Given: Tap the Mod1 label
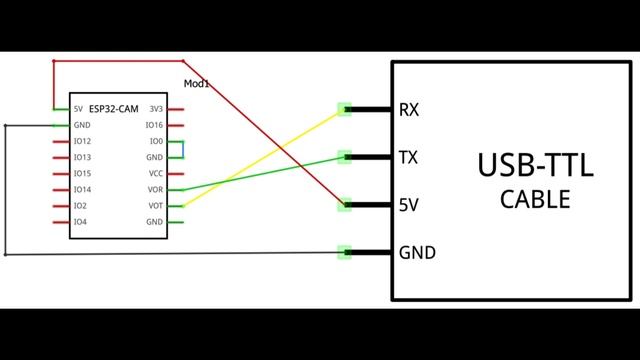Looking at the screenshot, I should (x=196, y=84).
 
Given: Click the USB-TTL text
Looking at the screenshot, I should (x=535, y=165).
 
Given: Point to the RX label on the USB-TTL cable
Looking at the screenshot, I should (x=409, y=109).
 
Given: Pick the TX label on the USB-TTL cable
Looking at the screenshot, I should (x=409, y=157).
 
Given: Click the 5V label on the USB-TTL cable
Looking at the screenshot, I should (x=408, y=205).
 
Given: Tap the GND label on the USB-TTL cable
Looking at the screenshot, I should (x=417, y=252).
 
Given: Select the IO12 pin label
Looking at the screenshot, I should (x=83, y=141).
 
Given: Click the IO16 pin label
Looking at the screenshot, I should (x=154, y=125).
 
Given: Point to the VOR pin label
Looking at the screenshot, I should (x=154, y=189).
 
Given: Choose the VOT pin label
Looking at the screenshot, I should (x=154, y=205).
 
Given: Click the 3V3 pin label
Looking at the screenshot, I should (x=155, y=109).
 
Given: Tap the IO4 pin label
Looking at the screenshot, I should (x=80, y=221).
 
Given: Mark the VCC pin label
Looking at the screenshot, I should (x=154, y=173).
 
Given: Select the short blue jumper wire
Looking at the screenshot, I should (x=183, y=149).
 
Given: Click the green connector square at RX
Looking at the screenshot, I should (x=345, y=109).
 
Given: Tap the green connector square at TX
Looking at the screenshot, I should (x=345, y=157).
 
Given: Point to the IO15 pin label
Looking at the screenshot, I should (x=83, y=173).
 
